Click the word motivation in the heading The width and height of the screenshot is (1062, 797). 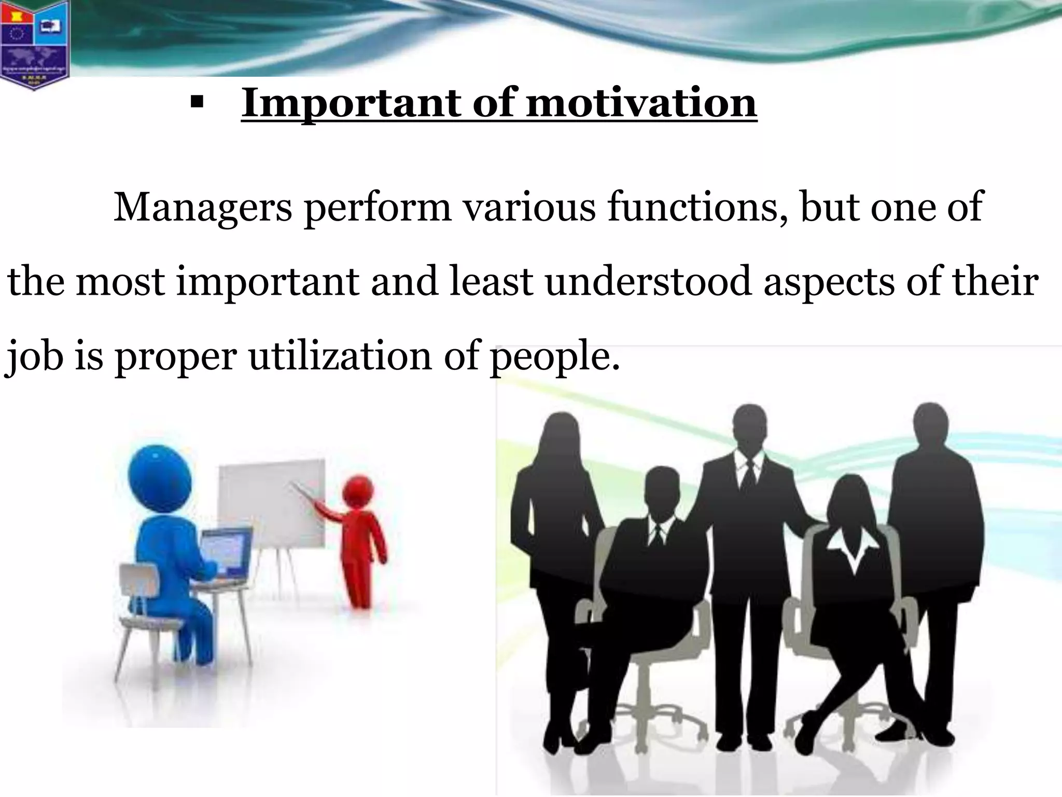click(641, 103)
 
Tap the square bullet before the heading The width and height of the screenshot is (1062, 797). click(195, 102)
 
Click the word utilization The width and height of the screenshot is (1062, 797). click(340, 357)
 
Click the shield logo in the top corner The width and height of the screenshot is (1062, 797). click(34, 44)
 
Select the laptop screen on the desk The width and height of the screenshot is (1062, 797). click(226, 552)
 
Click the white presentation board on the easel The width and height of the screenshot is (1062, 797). click(272, 501)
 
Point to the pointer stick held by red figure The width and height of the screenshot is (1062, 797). click(306, 494)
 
